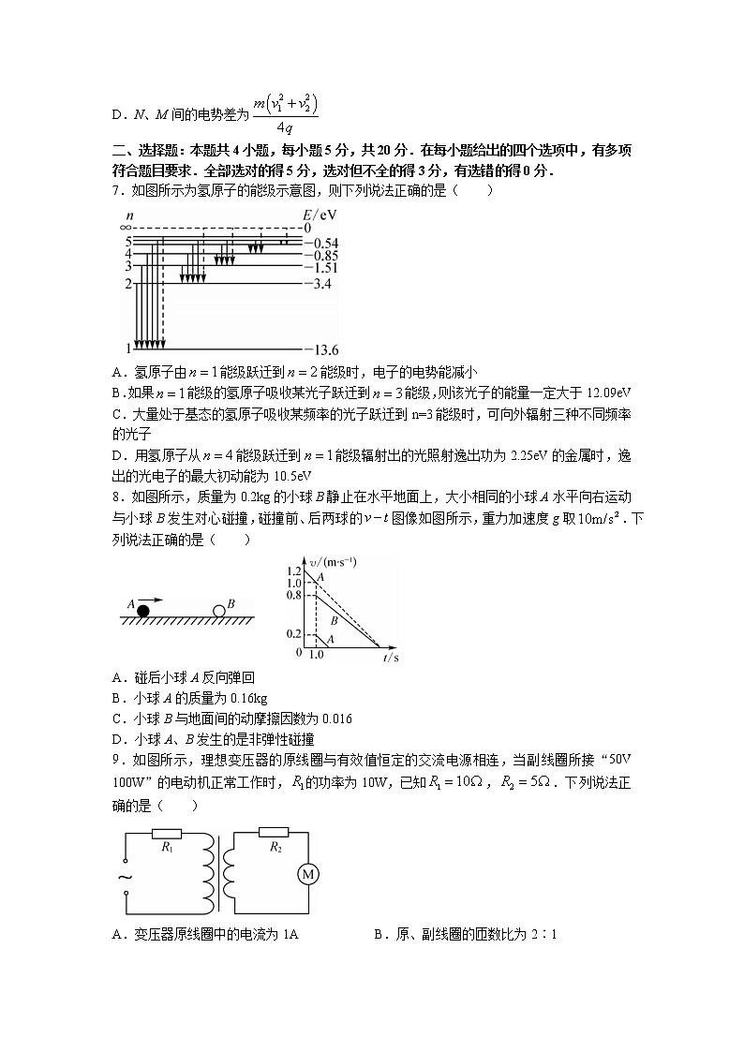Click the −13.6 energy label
click(x=323, y=349)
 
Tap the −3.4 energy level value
click(x=320, y=283)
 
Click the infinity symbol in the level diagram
click(x=125, y=227)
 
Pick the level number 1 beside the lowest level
click(x=128, y=348)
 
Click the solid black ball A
click(x=143, y=612)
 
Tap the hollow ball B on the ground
click(x=218, y=612)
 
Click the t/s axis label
click(x=392, y=658)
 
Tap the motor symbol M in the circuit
click(x=307, y=874)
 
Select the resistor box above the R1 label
click(x=168, y=833)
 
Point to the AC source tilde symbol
click(x=123, y=877)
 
